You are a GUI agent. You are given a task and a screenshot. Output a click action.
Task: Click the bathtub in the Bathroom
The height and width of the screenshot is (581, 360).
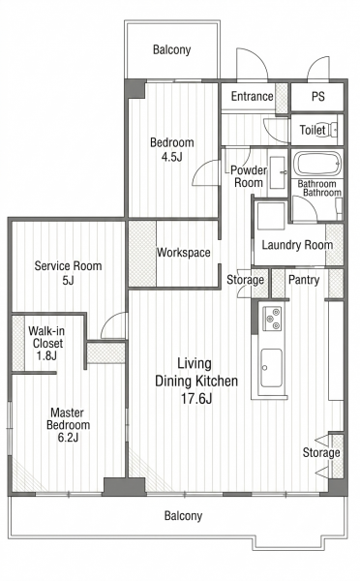tap(316, 164)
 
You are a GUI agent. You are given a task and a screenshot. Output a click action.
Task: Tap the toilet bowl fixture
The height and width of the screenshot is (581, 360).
tap(331, 130)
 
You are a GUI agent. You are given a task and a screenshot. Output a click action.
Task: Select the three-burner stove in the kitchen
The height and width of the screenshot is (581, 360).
tap(272, 319)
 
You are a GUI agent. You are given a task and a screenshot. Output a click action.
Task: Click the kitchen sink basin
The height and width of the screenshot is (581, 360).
tap(271, 368)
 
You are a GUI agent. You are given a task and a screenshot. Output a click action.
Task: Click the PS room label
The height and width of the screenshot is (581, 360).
tap(317, 96)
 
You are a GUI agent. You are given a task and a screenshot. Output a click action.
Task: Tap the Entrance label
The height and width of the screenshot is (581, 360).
tap(253, 96)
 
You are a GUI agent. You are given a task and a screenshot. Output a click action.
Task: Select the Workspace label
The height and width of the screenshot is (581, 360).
tap(184, 253)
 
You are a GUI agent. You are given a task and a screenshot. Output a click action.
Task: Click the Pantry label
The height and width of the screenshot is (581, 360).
tap(304, 280)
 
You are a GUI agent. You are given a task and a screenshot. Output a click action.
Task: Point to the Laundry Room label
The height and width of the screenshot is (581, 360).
tap(297, 245)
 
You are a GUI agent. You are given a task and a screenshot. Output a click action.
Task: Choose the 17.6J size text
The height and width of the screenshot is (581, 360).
tap(196, 399)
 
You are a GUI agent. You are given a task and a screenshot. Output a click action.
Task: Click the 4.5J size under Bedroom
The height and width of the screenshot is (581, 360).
tap(172, 157)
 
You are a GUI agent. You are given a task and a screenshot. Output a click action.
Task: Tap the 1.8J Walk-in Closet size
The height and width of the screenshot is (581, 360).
tap(46, 355)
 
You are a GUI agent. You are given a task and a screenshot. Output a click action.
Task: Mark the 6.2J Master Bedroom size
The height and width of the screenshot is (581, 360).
tap(68, 438)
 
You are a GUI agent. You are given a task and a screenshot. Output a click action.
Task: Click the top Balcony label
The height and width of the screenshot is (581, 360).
tap(172, 49)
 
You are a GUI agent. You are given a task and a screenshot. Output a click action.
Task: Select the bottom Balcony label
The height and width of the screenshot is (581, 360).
tap(183, 515)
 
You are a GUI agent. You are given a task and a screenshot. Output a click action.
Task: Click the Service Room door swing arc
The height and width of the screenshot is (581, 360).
tap(108, 320)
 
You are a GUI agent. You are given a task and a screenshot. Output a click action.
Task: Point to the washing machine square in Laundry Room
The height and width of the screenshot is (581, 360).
tap(271, 216)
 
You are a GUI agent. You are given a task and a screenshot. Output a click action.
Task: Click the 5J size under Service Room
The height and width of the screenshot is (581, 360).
tap(68, 281)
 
